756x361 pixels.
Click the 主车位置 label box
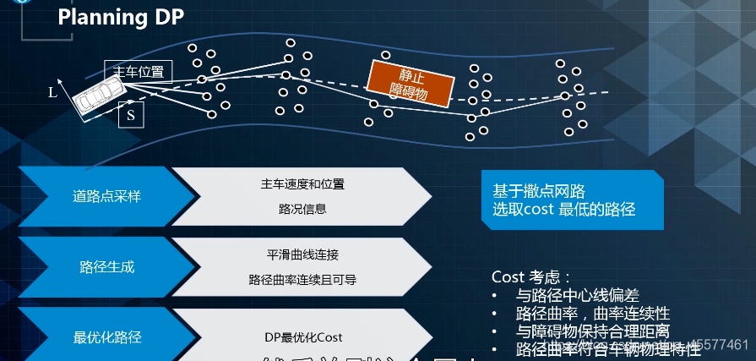tap(139, 71)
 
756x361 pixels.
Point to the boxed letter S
tap(131, 115)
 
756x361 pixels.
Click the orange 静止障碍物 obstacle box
tap(411, 84)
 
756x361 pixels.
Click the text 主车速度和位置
tap(302, 183)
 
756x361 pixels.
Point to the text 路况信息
tap(302, 209)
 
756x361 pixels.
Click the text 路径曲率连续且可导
tap(302, 279)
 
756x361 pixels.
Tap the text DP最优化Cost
tap(302, 337)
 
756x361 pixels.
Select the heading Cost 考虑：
tap(531, 277)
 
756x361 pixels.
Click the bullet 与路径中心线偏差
tap(578, 295)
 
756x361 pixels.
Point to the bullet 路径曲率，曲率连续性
tap(592, 313)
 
